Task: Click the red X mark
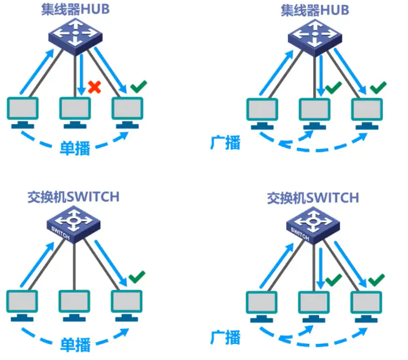point(94,87)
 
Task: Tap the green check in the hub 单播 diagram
point(138,87)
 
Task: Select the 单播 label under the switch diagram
point(75,344)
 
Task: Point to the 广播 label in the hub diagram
point(225,143)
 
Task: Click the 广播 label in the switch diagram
point(225,338)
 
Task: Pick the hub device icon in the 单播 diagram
point(75,38)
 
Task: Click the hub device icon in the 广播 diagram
point(314,38)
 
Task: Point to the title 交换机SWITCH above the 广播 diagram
point(314,198)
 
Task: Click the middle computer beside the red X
point(75,111)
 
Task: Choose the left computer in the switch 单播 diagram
point(21,304)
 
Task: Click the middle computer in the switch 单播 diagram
point(75,304)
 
